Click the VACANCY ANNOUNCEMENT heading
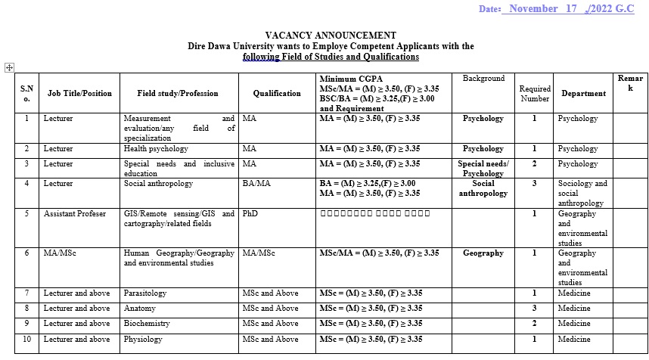(331, 36)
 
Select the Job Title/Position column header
(79, 94)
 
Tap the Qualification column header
(277, 94)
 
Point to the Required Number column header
(535, 94)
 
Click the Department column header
(583, 94)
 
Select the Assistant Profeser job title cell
(75, 214)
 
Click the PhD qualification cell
(250, 214)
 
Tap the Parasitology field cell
(145, 293)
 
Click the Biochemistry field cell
(147, 324)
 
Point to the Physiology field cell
(143, 340)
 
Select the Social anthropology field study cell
(158, 184)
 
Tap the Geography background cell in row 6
(483, 253)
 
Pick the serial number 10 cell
(26, 340)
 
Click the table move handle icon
(9, 67)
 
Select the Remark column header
(630, 83)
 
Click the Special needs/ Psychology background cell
(483, 169)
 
